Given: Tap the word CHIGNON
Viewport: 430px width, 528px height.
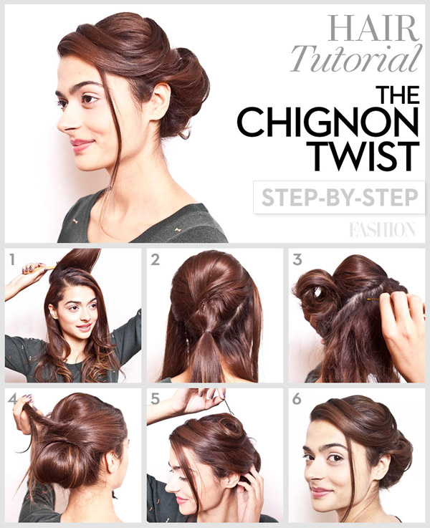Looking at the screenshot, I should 328,124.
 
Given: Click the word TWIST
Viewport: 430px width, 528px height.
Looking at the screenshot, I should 365,156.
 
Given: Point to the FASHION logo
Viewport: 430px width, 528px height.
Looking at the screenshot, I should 382,229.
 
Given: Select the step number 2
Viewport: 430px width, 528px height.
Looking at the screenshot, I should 155,261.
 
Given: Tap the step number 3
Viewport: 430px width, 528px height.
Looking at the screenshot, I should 297,261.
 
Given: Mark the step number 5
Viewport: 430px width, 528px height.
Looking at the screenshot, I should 155,400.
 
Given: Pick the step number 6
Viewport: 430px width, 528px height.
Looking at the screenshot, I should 297,400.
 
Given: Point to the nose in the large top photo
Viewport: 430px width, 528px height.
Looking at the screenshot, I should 62,120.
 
